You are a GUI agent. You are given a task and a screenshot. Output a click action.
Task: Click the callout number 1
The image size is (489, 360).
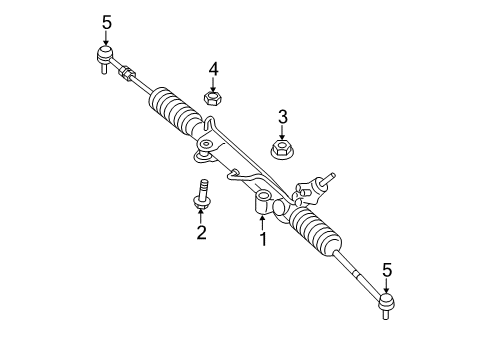coord(263,240)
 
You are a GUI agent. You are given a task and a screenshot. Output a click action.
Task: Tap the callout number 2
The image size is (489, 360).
coord(201,233)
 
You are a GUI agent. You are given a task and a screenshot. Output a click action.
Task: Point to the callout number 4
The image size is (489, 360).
coord(212,68)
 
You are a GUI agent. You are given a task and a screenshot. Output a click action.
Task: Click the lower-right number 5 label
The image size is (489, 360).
coord(387,267)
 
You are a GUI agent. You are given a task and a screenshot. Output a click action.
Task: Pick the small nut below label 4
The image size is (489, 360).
coord(212,98)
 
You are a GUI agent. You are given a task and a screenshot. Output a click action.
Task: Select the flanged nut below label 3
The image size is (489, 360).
coord(283,150)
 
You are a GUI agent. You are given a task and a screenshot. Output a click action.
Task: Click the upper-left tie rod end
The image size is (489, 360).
coord(104,56)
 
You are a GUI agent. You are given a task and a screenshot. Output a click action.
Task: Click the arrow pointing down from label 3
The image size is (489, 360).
coord(283,132)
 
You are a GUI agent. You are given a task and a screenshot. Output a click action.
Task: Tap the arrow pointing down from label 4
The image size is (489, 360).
coord(212,84)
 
